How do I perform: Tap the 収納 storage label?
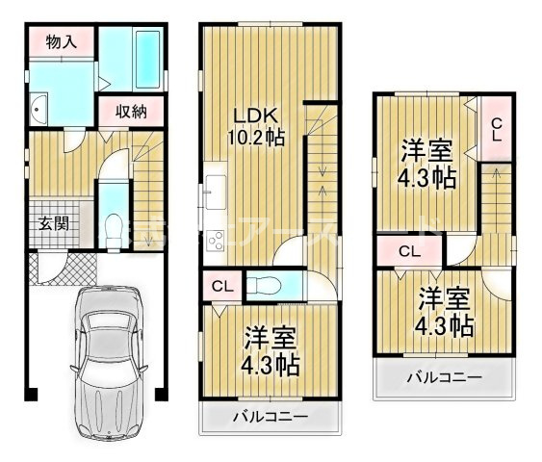click(x=131, y=111)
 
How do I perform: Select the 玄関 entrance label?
click(x=53, y=224)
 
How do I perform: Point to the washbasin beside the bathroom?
click(x=39, y=112)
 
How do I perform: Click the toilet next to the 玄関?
click(x=112, y=229)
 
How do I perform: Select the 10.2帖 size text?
click(x=255, y=137)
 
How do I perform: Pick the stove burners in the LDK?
click(x=211, y=241)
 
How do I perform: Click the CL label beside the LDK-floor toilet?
click(x=221, y=285)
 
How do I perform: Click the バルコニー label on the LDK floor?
click(x=271, y=417)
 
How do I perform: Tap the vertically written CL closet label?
click(x=496, y=128)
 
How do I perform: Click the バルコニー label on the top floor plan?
click(x=443, y=376)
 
